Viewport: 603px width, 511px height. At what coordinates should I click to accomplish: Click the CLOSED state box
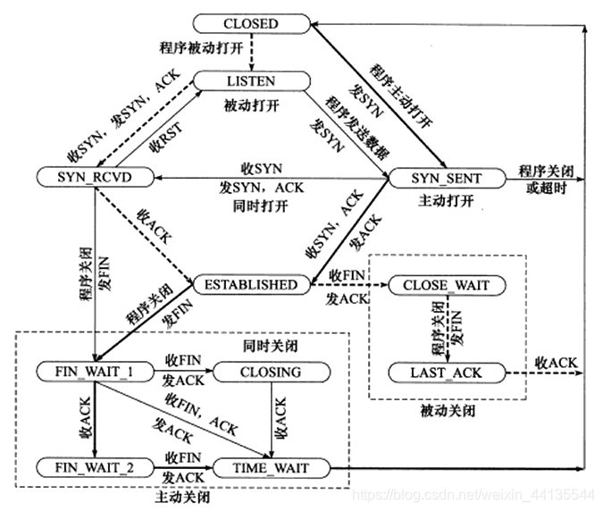250,24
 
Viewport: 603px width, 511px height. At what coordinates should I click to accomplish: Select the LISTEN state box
250,81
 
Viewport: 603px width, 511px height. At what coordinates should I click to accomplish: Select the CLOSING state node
271,371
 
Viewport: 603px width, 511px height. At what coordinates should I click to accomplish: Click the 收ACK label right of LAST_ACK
556,362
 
